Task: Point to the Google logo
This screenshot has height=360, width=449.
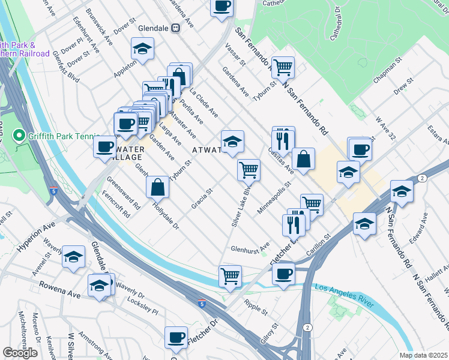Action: tap(20, 353)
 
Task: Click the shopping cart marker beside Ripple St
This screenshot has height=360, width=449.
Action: tap(230, 276)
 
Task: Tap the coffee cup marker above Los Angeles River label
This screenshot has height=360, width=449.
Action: tap(283, 274)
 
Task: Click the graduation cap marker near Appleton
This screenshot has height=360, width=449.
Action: tap(143, 49)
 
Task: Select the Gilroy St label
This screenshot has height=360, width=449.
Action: tap(276, 335)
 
